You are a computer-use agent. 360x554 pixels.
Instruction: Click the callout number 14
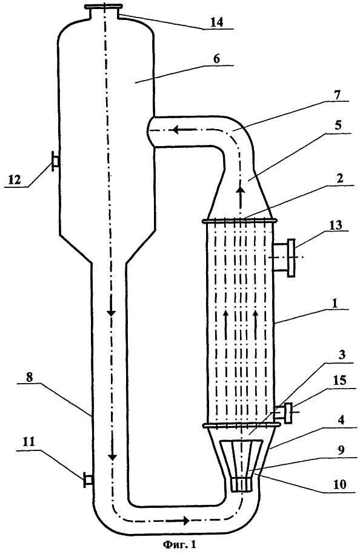coord(216,22)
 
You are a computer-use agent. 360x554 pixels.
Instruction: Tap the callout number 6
coord(216,58)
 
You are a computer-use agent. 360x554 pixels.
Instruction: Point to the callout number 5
coord(338,125)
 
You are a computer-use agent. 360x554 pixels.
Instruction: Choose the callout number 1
coord(335,303)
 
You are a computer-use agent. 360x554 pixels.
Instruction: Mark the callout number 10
coord(339,484)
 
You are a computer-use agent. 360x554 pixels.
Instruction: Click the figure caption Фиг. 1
coord(180,545)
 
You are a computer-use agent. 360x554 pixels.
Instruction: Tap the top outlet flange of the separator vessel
coord(104,6)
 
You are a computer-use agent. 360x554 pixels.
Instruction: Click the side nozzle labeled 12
coord(55,161)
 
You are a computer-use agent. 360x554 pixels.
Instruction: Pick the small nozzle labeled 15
coord(284,412)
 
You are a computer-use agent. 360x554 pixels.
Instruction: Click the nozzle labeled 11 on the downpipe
coord(88,480)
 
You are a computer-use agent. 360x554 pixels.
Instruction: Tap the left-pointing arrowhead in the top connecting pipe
coord(175,130)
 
